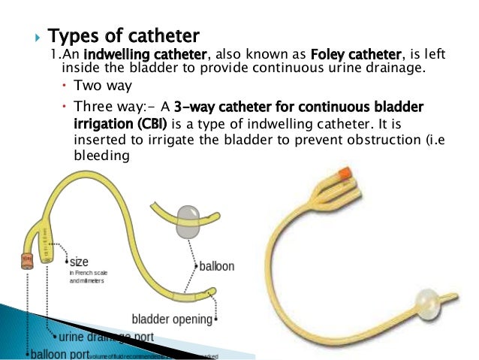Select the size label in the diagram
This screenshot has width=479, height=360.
pyautogui.click(x=78, y=262)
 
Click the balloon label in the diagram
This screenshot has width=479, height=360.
pyautogui.click(x=217, y=265)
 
